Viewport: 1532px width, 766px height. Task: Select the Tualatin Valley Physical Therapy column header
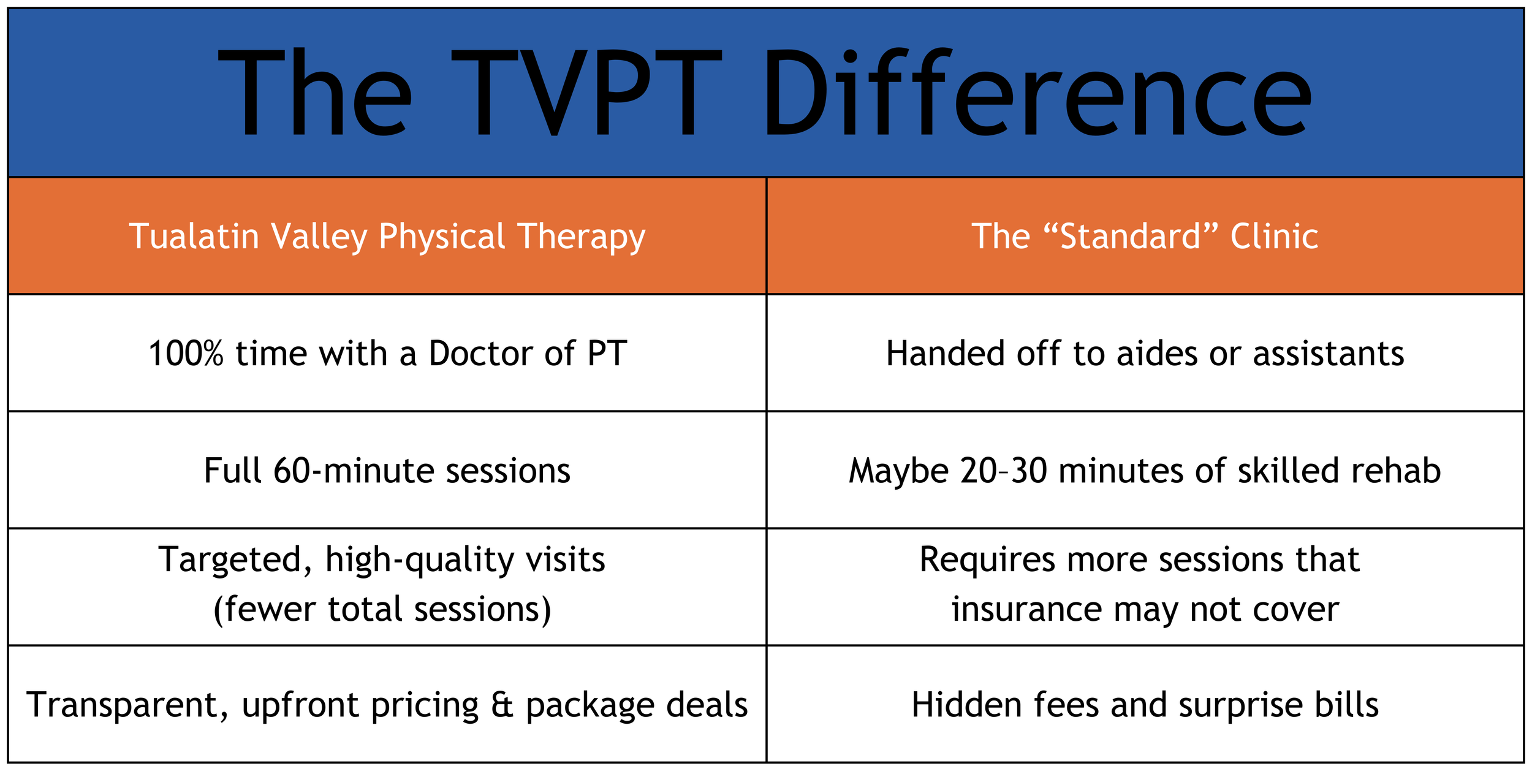[x=387, y=237]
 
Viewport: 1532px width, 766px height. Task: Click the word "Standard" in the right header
[x=1130, y=237]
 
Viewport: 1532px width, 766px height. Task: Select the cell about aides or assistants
[x=1145, y=354]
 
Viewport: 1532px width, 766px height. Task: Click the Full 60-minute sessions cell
[x=387, y=471]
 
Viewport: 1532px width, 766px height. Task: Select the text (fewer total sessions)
[x=382, y=610]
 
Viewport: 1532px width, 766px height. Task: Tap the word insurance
[x=1026, y=610]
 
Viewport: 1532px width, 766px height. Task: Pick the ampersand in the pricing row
[x=502, y=705]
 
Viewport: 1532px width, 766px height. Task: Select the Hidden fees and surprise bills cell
[x=1145, y=705]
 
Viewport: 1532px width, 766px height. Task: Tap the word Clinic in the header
[x=1274, y=237]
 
